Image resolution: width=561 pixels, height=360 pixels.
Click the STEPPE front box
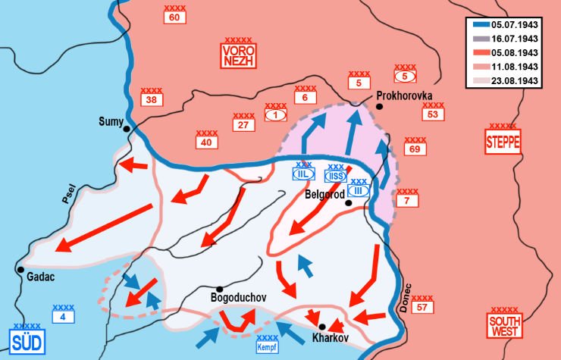(503, 141)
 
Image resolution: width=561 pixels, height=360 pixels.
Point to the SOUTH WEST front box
(504, 330)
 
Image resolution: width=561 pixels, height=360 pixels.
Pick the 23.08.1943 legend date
(515, 80)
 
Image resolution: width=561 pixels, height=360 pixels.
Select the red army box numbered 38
(152, 99)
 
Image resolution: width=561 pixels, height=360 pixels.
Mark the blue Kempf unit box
(268, 346)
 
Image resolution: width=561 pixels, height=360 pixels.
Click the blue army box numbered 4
(63, 316)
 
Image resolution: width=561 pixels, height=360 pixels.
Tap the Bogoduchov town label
(237, 299)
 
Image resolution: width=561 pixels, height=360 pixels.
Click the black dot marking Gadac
(21, 269)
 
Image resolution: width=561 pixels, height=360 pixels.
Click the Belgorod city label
(324, 194)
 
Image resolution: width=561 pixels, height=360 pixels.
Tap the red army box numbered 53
(432, 114)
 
